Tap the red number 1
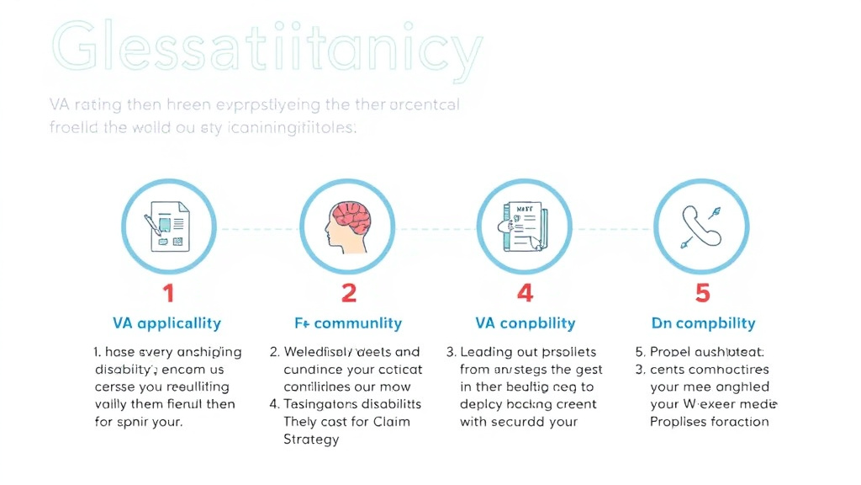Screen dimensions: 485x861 pos(168,293)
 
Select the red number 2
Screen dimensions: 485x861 pos(348,293)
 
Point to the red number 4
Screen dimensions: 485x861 pos(526,293)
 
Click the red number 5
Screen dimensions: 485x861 pos(702,293)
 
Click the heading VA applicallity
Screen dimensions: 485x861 pos(166,323)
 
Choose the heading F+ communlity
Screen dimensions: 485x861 pos(347,323)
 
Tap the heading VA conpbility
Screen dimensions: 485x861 pos(526,323)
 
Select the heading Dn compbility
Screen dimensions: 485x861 pos(703,323)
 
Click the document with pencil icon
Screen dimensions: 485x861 pos(169,226)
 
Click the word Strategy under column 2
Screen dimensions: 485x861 pos(311,440)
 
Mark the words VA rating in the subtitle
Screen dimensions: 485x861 pos(76,106)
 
